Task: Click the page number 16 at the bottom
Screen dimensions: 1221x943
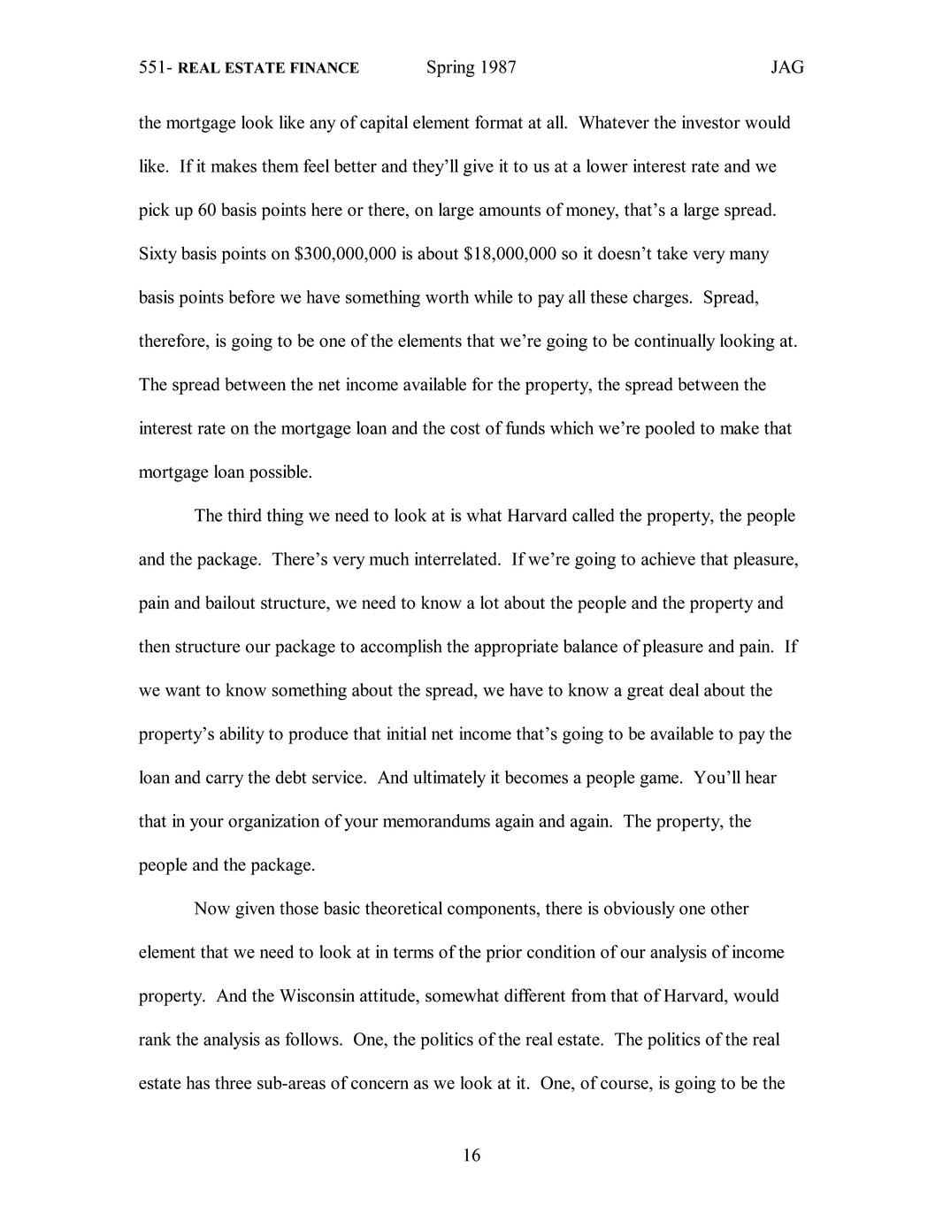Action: click(x=471, y=1155)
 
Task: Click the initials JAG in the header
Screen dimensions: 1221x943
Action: click(x=786, y=68)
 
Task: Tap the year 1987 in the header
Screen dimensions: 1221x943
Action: click(x=498, y=68)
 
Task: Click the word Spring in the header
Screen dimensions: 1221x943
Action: click(x=450, y=69)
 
